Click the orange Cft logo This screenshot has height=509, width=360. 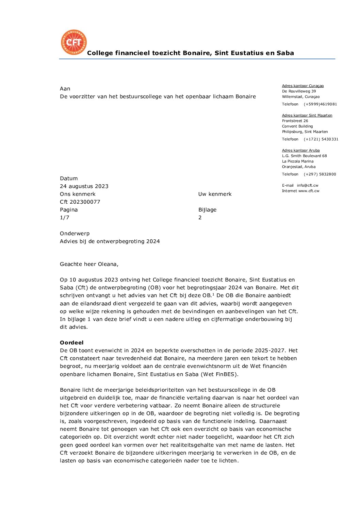(x=74, y=42)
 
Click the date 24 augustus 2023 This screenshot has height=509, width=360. (x=84, y=186)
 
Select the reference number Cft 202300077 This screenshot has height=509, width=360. (x=80, y=202)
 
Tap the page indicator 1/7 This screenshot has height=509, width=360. (x=65, y=218)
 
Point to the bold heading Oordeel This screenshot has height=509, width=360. (x=71, y=343)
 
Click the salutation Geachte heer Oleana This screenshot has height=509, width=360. (x=89, y=264)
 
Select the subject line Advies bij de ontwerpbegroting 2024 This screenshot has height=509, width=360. (x=110, y=241)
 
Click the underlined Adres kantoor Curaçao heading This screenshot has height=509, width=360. (x=303, y=86)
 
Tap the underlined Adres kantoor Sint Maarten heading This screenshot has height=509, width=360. (x=307, y=116)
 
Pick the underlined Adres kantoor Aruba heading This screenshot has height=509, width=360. (x=301, y=151)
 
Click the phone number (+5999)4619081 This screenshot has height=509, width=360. (x=320, y=104)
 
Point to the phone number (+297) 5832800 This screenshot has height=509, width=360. (x=320, y=174)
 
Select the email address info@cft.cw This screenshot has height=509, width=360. (x=308, y=186)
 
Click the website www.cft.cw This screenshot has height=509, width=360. (x=309, y=191)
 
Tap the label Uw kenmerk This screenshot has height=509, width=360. (x=215, y=194)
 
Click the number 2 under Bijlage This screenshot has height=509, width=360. (x=200, y=218)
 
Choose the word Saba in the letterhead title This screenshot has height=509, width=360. (x=285, y=53)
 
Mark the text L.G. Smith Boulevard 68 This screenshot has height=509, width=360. (x=304, y=156)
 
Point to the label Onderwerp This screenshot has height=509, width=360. (x=75, y=234)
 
